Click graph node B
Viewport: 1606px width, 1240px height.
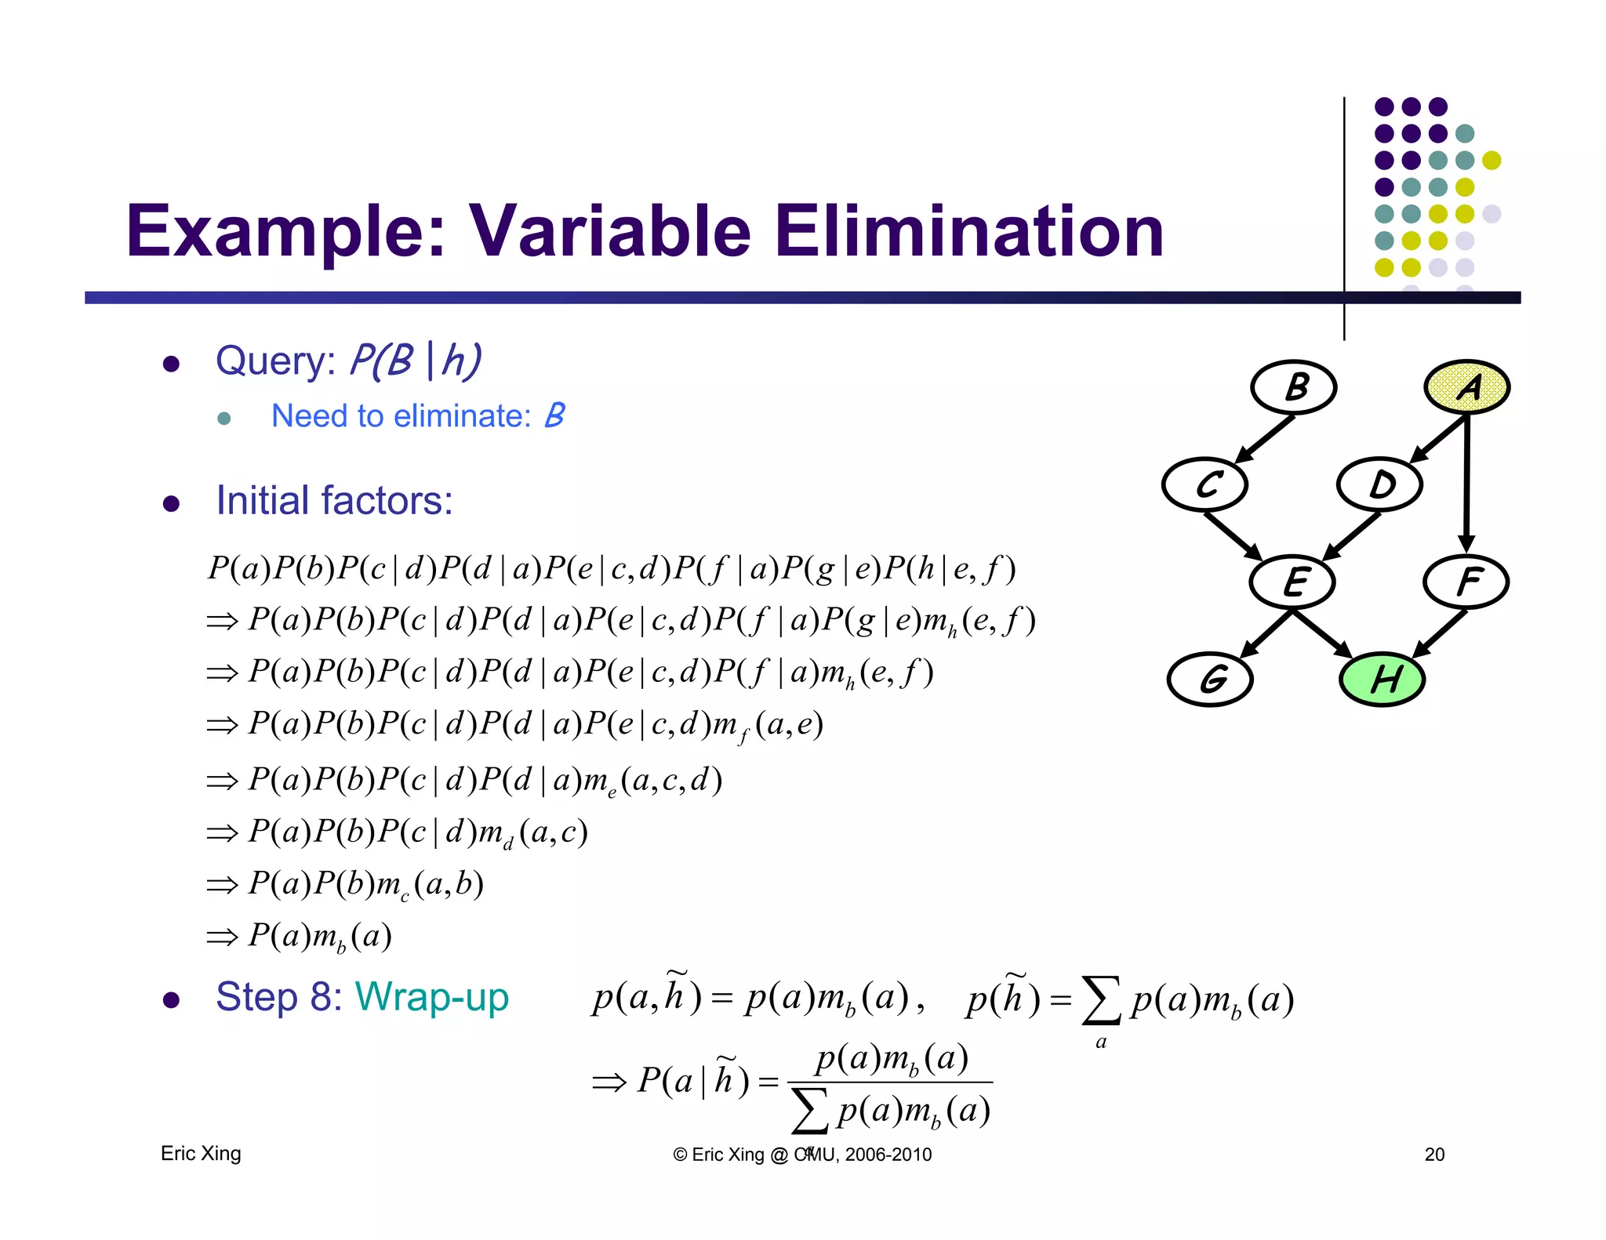1293,387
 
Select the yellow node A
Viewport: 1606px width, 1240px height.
1466,387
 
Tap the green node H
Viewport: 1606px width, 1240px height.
1382,679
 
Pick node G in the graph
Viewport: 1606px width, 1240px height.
1209,679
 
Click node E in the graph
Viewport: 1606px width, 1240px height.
1292,582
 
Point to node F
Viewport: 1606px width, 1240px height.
1466,582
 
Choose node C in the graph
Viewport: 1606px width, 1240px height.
1204,484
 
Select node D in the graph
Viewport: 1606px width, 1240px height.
1379,484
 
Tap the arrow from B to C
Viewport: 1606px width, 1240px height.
1264,439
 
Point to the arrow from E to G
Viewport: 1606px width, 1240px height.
1264,633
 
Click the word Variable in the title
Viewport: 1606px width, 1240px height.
609,232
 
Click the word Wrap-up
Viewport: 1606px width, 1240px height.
432,997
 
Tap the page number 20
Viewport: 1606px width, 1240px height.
1434,1154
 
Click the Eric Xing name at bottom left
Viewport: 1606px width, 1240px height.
201,1153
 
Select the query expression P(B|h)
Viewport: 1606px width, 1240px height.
415,361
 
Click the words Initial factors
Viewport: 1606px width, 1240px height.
335,500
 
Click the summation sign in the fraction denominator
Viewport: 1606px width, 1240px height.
809,1111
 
